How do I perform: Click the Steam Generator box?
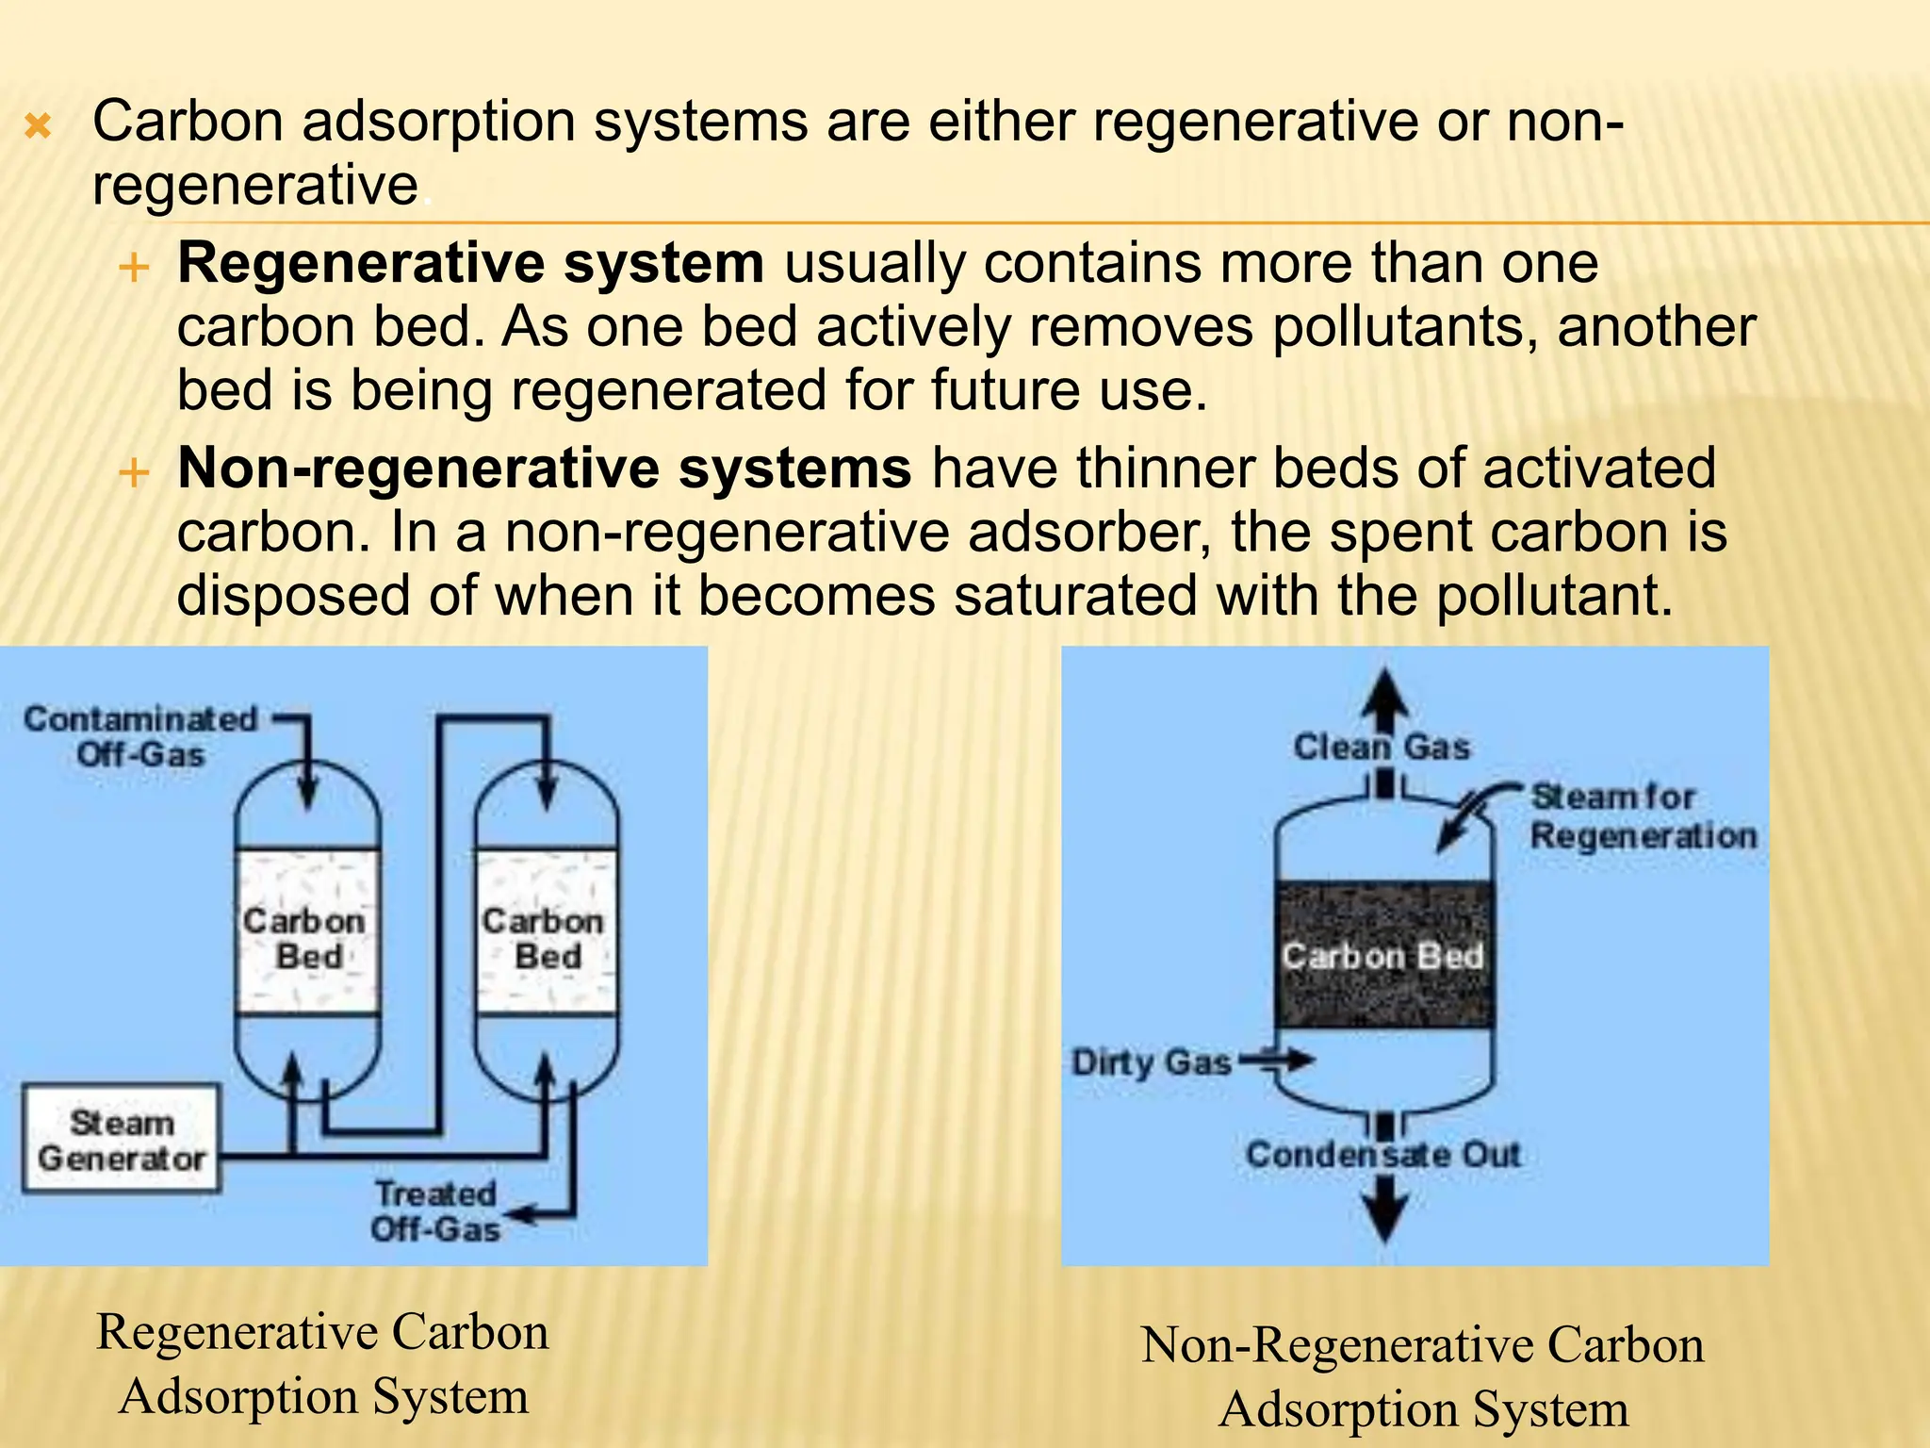121,1140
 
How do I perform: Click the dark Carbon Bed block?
1382,954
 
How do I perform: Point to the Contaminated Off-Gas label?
141,736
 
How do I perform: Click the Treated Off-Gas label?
435,1211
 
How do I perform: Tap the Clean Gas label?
1382,748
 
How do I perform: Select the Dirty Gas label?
1152,1062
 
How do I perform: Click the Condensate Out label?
1382,1154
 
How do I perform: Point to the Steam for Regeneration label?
1642,816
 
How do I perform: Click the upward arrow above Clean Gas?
1382,698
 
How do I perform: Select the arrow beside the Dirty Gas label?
1278,1061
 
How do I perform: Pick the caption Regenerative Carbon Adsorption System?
323,1363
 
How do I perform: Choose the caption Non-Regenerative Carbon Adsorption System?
1423,1376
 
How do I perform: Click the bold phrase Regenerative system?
470,262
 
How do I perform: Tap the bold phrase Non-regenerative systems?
544,468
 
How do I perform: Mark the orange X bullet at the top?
38,125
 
